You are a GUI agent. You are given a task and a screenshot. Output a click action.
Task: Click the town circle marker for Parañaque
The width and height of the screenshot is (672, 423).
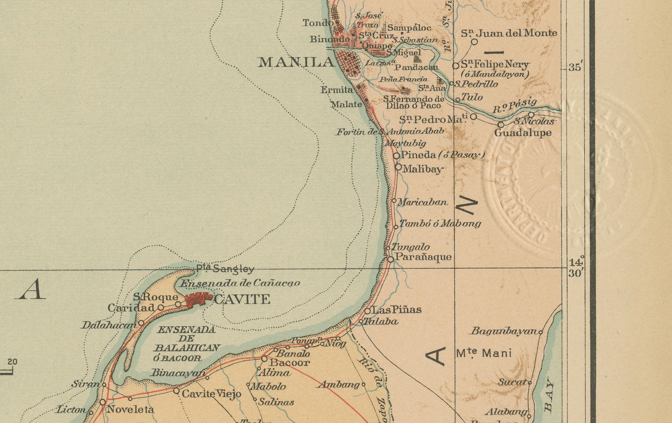pos(391,259)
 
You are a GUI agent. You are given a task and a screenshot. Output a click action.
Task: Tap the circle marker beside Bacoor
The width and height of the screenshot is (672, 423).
pos(264,359)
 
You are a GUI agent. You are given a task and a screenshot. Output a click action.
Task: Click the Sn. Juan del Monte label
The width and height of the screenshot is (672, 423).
pos(509,33)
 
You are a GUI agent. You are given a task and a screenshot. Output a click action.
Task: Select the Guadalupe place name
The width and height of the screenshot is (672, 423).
pos(523,133)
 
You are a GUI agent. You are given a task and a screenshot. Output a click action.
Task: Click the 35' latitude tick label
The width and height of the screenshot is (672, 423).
pos(575,68)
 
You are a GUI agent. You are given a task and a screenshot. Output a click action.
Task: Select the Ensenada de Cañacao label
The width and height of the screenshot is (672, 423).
pos(239,284)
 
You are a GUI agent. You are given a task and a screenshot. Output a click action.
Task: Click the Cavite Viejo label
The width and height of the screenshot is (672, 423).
pos(211,394)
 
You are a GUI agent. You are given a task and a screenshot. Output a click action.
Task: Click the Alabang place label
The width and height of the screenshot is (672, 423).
pos(506,412)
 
